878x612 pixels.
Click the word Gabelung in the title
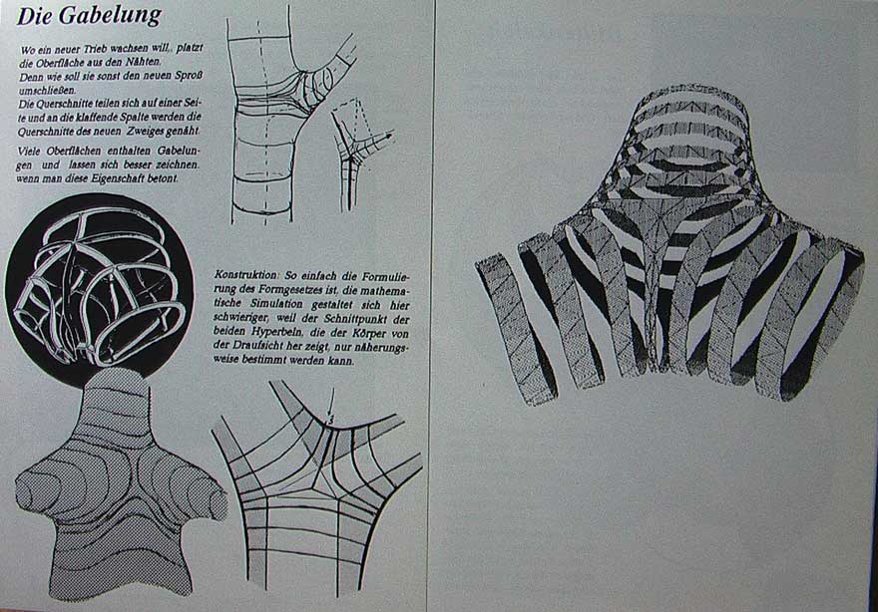click(x=111, y=15)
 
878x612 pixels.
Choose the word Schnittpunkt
click(x=358, y=319)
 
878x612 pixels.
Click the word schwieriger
click(x=243, y=319)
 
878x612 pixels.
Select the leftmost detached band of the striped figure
click(x=516, y=328)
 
